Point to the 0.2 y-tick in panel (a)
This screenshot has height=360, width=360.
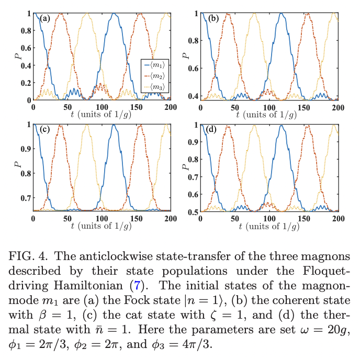(x=24, y=83)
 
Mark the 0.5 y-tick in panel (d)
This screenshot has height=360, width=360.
(x=192, y=211)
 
